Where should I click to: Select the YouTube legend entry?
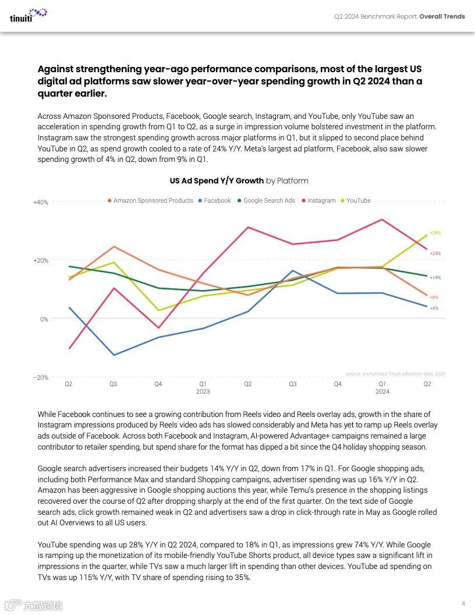pyautogui.click(x=358, y=200)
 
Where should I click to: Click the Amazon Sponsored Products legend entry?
pyautogui.click(x=153, y=200)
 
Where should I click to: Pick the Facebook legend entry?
pyautogui.click(x=217, y=200)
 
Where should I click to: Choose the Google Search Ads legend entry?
pyautogui.click(x=268, y=200)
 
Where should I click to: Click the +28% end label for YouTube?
pyautogui.click(x=435, y=233)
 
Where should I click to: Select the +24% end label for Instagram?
pyautogui.click(x=435, y=253)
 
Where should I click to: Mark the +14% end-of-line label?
pyautogui.click(x=435, y=278)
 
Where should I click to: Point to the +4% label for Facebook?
pyautogui.click(x=434, y=308)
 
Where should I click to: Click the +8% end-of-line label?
pyautogui.click(x=434, y=298)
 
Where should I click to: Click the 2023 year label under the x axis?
pyautogui.click(x=203, y=392)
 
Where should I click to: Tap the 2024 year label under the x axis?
pyautogui.click(x=382, y=392)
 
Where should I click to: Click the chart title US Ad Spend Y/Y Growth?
pyautogui.click(x=217, y=181)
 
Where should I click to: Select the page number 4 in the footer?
pyautogui.click(x=463, y=603)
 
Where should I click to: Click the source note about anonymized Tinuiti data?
pyautogui.click(x=395, y=373)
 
